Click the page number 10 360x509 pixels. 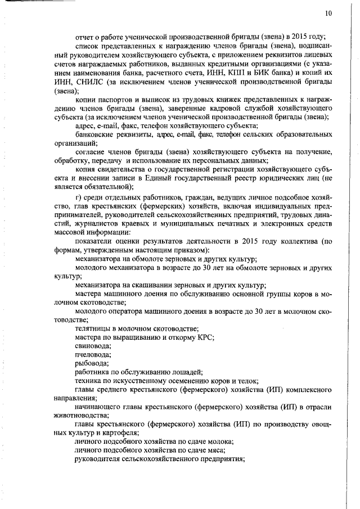328,13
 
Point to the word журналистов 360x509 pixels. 89,225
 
